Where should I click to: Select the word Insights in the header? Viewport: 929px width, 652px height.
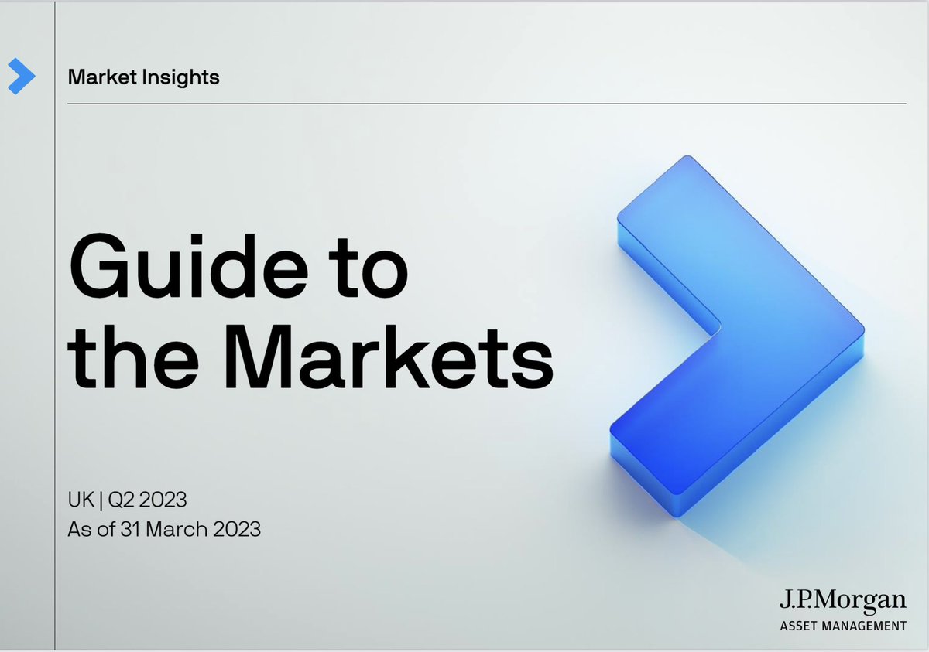[x=182, y=77]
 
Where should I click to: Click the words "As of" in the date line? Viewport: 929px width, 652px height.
[x=88, y=530]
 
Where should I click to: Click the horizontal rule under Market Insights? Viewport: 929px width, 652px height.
[x=480, y=103]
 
